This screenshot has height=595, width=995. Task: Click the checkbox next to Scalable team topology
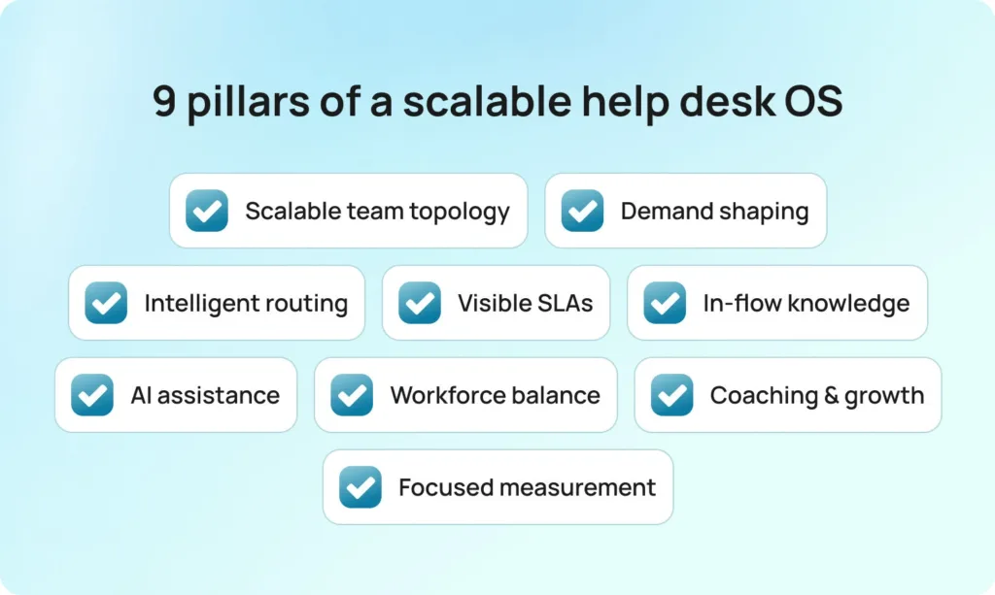[x=207, y=211]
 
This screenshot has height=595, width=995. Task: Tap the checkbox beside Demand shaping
[x=583, y=211]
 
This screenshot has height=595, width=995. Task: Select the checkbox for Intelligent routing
[x=106, y=303]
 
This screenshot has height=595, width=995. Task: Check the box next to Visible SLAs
[x=420, y=303]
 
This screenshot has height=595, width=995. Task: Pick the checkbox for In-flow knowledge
[x=665, y=303]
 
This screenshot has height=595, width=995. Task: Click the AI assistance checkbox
[x=92, y=395]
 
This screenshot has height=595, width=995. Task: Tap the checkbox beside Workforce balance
[x=352, y=395]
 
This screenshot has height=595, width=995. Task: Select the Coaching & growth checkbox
[x=671, y=395]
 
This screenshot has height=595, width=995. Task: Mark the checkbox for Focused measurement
[x=360, y=486]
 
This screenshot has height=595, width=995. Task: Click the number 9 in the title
[x=164, y=101]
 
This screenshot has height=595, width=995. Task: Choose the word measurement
[x=577, y=488]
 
